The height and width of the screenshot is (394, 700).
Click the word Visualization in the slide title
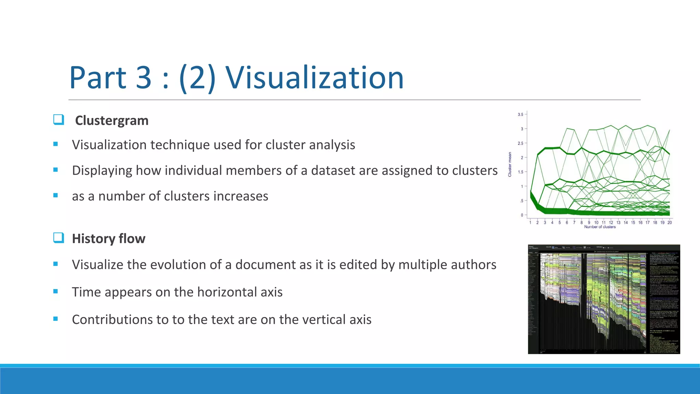(x=314, y=78)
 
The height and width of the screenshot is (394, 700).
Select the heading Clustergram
(x=112, y=121)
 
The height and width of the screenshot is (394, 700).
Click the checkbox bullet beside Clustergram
(x=58, y=120)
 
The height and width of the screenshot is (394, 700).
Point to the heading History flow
(x=109, y=239)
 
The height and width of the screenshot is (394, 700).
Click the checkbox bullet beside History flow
(x=58, y=238)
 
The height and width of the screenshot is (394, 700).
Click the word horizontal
(x=230, y=292)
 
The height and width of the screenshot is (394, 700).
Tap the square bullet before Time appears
(x=55, y=291)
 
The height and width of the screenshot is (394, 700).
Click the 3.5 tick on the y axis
(x=520, y=115)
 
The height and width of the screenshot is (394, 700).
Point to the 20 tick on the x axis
(x=670, y=223)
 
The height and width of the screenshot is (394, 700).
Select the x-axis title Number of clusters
(x=600, y=227)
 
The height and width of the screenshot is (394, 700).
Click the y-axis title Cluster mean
(x=510, y=165)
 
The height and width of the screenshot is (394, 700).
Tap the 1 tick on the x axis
(x=530, y=223)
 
